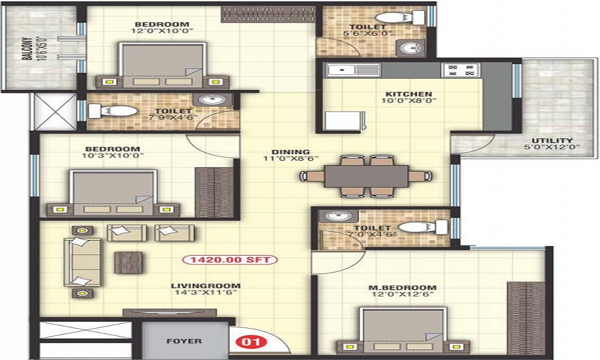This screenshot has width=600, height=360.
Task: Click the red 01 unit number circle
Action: tap(251, 341)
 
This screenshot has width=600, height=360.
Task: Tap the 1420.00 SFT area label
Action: tap(230, 260)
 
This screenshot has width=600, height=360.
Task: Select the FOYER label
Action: tap(184, 341)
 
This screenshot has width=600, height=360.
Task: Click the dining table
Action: tap(367, 176)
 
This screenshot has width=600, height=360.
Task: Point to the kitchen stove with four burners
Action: tap(461, 70)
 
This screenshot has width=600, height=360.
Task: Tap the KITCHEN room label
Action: tap(409, 94)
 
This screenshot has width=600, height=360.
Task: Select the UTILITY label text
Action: tap(552, 140)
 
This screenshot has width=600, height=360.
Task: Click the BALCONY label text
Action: tap(27, 49)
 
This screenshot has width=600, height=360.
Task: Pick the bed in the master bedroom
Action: tap(403, 330)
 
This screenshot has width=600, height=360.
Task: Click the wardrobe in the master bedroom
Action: tap(526, 318)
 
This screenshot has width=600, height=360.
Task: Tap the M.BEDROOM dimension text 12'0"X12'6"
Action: tap(402, 295)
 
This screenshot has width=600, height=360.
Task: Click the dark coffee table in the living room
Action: tap(128, 262)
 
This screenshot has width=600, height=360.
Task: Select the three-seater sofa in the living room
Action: tap(83, 262)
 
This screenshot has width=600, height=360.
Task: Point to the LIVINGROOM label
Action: tap(205, 286)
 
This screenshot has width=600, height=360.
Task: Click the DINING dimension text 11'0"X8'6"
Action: tap(291, 158)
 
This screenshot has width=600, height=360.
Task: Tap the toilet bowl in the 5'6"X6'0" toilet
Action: tap(399, 17)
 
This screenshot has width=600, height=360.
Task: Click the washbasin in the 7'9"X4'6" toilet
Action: tap(209, 100)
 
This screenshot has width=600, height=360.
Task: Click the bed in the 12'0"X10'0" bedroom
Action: tap(163, 65)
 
